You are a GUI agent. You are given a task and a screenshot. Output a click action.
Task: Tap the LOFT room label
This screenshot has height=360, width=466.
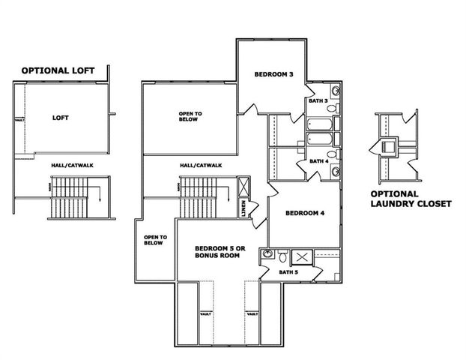[61, 118]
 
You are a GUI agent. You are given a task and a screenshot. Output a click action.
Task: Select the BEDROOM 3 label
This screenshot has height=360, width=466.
[273, 74]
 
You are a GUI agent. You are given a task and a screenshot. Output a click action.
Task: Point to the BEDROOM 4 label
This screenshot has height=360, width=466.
[305, 213]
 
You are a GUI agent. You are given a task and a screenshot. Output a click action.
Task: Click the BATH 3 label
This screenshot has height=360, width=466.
[317, 100]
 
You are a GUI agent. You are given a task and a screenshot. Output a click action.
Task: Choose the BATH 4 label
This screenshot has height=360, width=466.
[318, 161]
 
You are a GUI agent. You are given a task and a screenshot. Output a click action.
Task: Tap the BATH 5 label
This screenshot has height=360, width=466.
[288, 271]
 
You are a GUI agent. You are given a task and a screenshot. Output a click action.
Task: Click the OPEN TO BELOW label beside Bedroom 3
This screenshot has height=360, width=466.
[190, 116]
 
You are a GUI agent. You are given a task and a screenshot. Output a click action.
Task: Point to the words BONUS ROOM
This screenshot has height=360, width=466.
[217, 256]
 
